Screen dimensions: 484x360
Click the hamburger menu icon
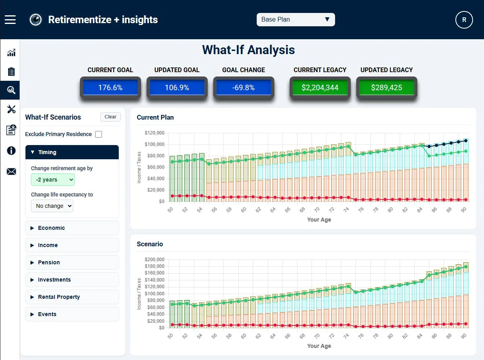click(x=10, y=20)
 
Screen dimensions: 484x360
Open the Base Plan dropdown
click(x=295, y=20)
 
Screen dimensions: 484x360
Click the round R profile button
click(x=464, y=20)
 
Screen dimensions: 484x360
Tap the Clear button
click(x=111, y=117)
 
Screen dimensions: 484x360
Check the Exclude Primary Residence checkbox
click(x=99, y=134)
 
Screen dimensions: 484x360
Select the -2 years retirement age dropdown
click(x=53, y=180)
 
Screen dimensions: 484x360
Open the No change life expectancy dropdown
click(x=52, y=206)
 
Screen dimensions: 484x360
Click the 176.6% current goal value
click(x=111, y=87)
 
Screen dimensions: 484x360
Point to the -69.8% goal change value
click(x=243, y=87)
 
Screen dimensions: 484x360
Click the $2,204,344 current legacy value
click(x=320, y=87)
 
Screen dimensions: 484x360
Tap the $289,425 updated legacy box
click(x=387, y=87)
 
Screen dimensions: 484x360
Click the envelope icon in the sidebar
click(x=11, y=172)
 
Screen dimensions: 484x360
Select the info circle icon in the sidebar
click(x=11, y=151)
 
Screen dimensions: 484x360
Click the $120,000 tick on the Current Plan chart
click(x=154, y=133)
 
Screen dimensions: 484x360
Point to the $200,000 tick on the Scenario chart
click(x=154, y=260)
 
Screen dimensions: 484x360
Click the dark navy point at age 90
click(x=466, y=141)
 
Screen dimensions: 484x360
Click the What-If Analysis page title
click(x=248, y=50)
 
